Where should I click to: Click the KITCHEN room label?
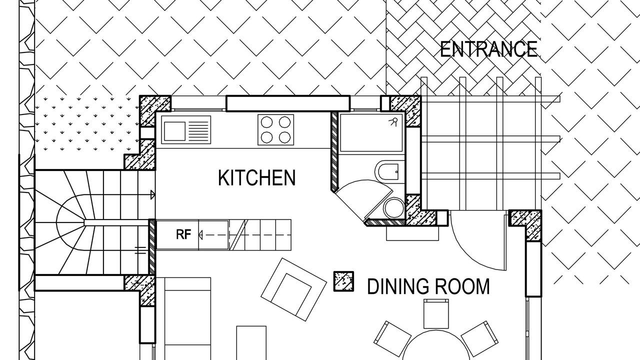click(x=256, y=177)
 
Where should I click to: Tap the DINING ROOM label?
click(x=428, y=286)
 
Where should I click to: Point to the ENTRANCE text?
click(x=488, y=49)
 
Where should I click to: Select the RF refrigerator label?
click(x=183, y=234)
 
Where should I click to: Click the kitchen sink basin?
click(x=174, y=131)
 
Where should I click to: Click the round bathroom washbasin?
click(x=393, y=207)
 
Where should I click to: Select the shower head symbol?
click(x=393, y=121)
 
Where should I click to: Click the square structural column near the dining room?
click(x=343, y=281)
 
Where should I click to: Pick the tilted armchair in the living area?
click(x=293, y=289)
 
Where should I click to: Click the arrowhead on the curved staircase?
click(x=152, y=195)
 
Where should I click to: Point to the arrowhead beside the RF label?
click(x=201, y=235)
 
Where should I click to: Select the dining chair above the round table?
click(x=436, y=313)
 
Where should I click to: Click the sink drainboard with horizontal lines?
click(x=199, y=131)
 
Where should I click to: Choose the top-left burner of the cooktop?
click(x=267, y=122)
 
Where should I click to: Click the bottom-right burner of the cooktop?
click(x=285, y=137)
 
